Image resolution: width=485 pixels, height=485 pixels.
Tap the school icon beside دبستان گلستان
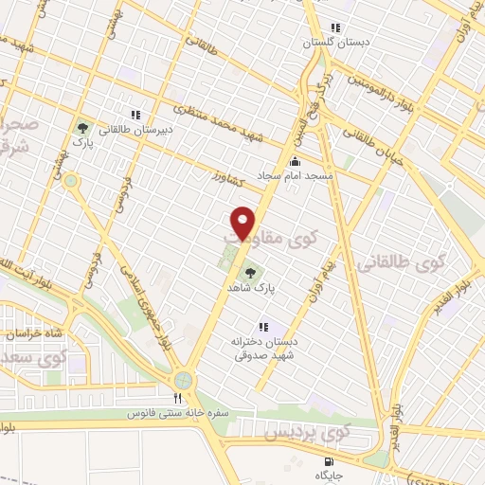[333, 27]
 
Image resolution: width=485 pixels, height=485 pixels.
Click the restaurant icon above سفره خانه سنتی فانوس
[176, 398]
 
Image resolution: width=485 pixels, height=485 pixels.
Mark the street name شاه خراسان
[34, 334]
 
